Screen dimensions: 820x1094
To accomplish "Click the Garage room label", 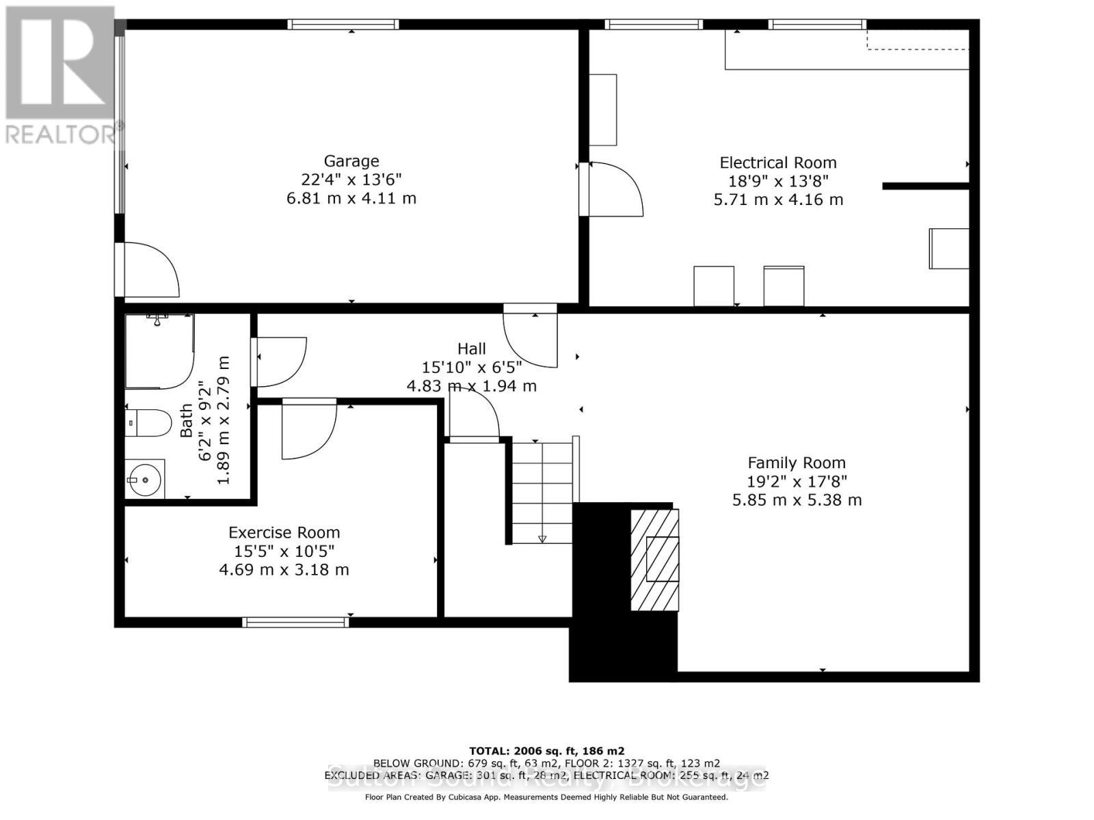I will [x=351, y=161].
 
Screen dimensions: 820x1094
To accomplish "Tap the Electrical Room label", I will [x=777, y=163].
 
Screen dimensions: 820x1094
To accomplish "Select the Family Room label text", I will [x=796, y=463].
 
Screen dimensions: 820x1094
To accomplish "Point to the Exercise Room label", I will [x=284, y=532].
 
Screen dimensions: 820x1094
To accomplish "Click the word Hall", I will [x=471, y=349].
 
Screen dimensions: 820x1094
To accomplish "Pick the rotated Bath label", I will [x=187, y=420].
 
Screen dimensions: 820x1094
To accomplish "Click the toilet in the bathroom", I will [x=149, y=423].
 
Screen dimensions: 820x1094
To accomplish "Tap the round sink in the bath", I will [x=145, y=479].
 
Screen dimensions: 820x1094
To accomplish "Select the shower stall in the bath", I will [x=159, y=351].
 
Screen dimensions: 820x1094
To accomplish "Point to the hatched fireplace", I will [x=655, y=560].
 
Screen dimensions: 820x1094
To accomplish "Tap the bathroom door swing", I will [x=280, y=361].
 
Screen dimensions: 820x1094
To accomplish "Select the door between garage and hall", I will [x=531, y=338].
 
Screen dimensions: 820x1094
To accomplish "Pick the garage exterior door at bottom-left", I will [x=149, y=270].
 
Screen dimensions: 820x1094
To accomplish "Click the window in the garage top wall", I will [x=343, y=25].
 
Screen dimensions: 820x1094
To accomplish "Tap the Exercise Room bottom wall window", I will [x=295, y=622].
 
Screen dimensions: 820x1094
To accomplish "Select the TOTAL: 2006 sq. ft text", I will [x=546, y=751].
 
